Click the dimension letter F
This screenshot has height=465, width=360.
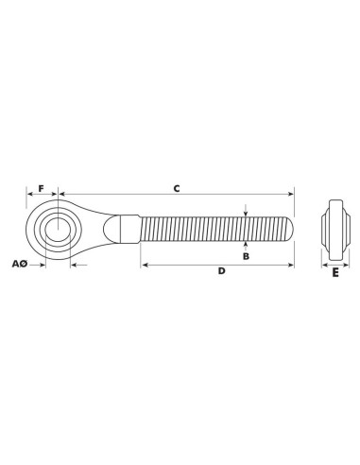(x=42, y=188)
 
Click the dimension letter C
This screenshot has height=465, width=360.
(x=177, y=188)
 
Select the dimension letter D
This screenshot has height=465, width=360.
(x=222, y=270)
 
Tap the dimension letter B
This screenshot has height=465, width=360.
(x=246, y=256)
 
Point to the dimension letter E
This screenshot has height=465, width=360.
(x=335, y=272)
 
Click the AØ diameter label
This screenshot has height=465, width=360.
(x=20, y=264)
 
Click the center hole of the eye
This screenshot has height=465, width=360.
(x=58, y=229)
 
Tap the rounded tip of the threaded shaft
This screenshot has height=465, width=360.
(x=290, y=229)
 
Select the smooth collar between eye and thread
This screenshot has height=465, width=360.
(x=129, y=229)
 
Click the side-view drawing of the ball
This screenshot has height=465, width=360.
(x=335, y=230)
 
